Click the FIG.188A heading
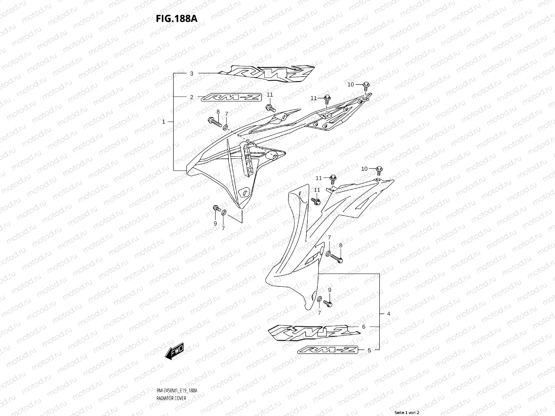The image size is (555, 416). coord(176,18)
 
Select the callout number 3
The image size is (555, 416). coord(191,73)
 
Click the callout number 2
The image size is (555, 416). coord(191,97)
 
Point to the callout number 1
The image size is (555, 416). coord(164,122)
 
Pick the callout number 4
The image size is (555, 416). coord(388,314)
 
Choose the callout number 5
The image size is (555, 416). coord(369,350)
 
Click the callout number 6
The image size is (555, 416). coord(364,327)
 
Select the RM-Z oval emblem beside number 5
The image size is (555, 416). coord(327,350)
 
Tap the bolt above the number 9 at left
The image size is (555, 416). coord(216,208)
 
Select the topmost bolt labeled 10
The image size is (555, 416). coord(366,85)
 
